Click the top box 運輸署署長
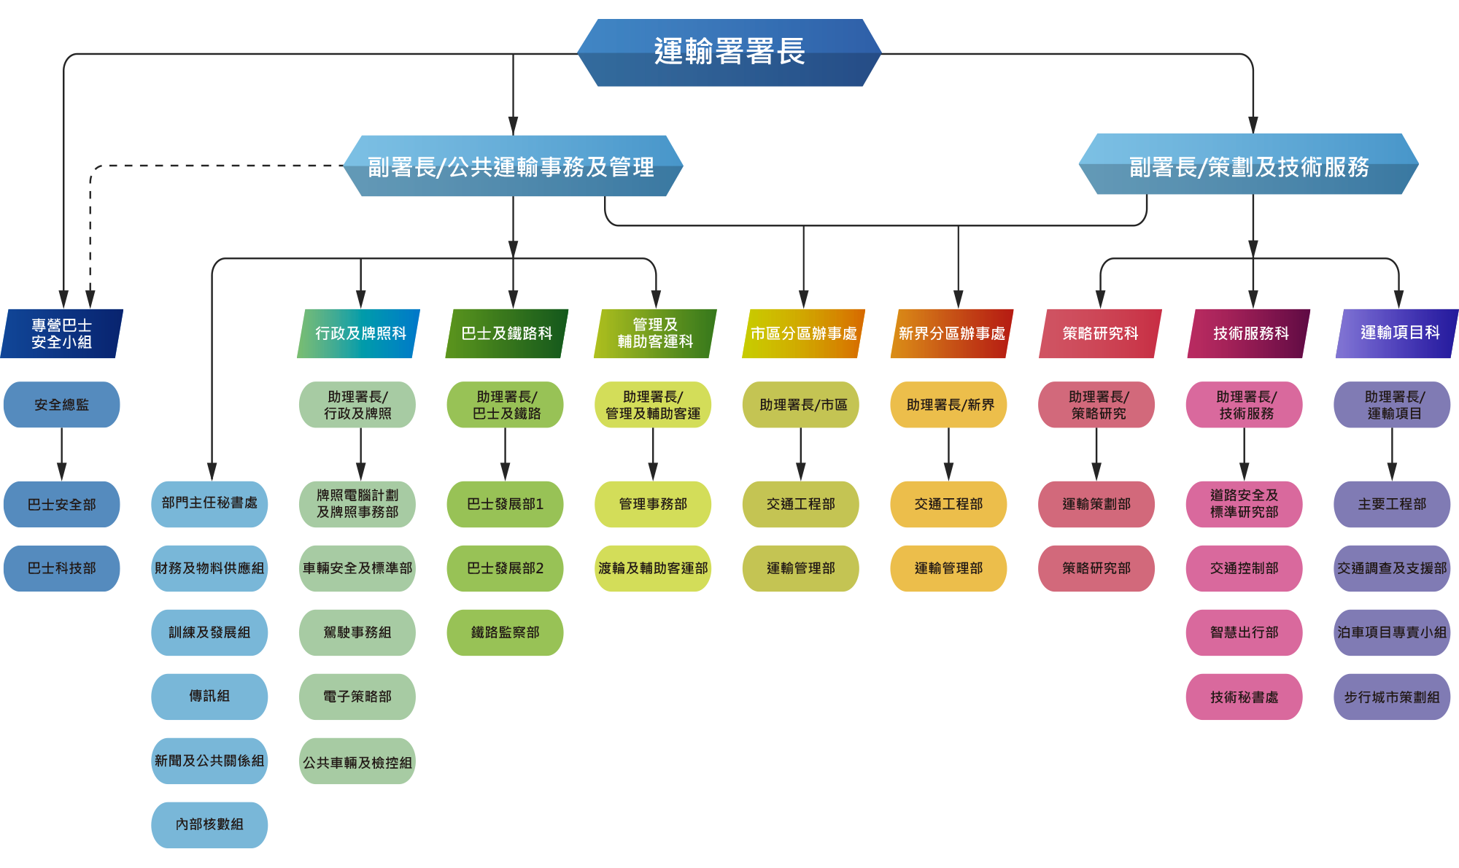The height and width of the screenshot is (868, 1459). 729,53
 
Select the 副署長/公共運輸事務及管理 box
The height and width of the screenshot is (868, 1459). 512,166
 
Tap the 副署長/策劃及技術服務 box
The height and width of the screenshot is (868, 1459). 1248,166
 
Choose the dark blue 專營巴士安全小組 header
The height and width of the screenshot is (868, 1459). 62,333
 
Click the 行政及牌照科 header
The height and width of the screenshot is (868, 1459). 360,333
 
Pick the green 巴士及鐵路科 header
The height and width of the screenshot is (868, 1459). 507,333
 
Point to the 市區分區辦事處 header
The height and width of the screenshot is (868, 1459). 803,333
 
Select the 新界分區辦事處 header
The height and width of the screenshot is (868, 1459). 951,333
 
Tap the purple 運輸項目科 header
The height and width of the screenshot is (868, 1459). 1398,333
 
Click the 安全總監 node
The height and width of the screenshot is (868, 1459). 62,405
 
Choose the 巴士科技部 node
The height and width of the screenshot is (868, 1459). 62,568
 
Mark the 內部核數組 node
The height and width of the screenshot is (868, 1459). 209,824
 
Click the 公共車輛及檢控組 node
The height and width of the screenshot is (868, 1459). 357,762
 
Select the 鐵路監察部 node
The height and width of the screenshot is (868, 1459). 505,632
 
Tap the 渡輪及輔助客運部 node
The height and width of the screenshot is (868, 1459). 653,568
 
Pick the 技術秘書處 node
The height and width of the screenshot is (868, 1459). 1244,697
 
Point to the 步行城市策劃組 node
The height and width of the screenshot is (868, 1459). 1392,697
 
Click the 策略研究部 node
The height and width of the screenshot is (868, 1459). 1096,568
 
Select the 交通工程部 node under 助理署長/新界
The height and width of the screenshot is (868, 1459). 948,504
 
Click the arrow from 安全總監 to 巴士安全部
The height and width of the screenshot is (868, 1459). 62,454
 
